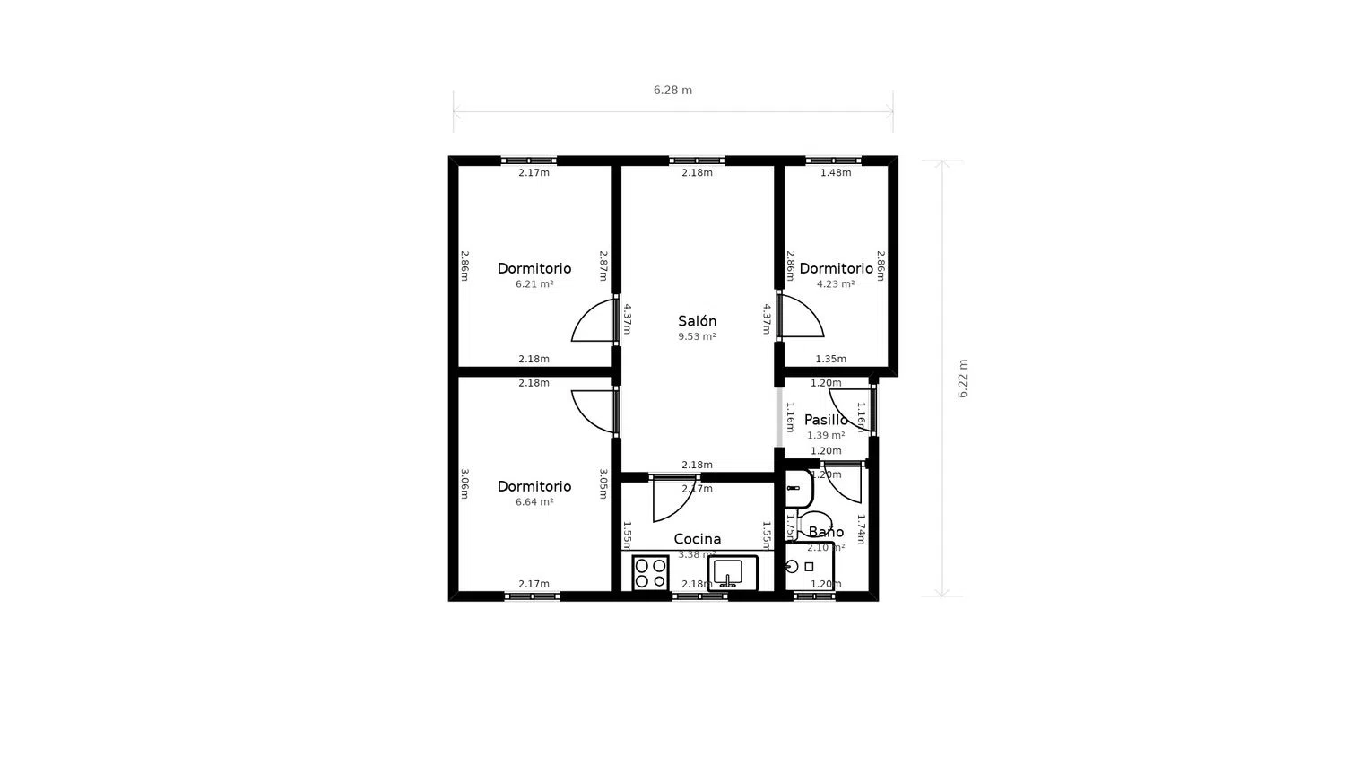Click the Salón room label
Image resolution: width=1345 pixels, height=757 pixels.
pyautogui.click(x=697, y=321)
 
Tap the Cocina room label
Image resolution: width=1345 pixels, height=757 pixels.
pyautogui.click(x=697, y=539)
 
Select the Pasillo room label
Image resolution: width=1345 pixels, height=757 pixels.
pyautogui.click(x=825, y=420)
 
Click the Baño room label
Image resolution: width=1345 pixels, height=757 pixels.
pyautogui.click(x=826, y=532)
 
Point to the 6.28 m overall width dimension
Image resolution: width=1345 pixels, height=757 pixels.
pyautogui.click(x=672, y=91)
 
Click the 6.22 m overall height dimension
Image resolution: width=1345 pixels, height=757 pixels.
pyautogui.click(x=963, y=378)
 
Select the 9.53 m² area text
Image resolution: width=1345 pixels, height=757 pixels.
pyautogui.click(x=697, y=337)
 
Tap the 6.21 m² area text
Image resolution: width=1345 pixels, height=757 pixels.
pyautogui.click(x=534, y=284)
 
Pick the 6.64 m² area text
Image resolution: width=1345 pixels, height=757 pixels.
pyautogui.click(x=534, y=502)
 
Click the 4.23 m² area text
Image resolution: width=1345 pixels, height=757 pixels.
pyautogui.click(x=835, y=284)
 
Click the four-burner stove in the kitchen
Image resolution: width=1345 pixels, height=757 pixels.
pyautogui.click(x=650, y=573)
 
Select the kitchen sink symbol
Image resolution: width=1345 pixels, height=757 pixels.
pyautogui.click(x=732, y=572)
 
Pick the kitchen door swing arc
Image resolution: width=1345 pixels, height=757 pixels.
pyautogui.click(x=672, y=500)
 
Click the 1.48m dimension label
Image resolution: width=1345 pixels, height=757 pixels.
pyautogui.click(x=835, y=173)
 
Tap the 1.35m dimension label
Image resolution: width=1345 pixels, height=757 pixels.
pyautogui.click(x=830, y=360)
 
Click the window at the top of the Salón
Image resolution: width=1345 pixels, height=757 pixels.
pyautogui.click(x=697, y=161)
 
